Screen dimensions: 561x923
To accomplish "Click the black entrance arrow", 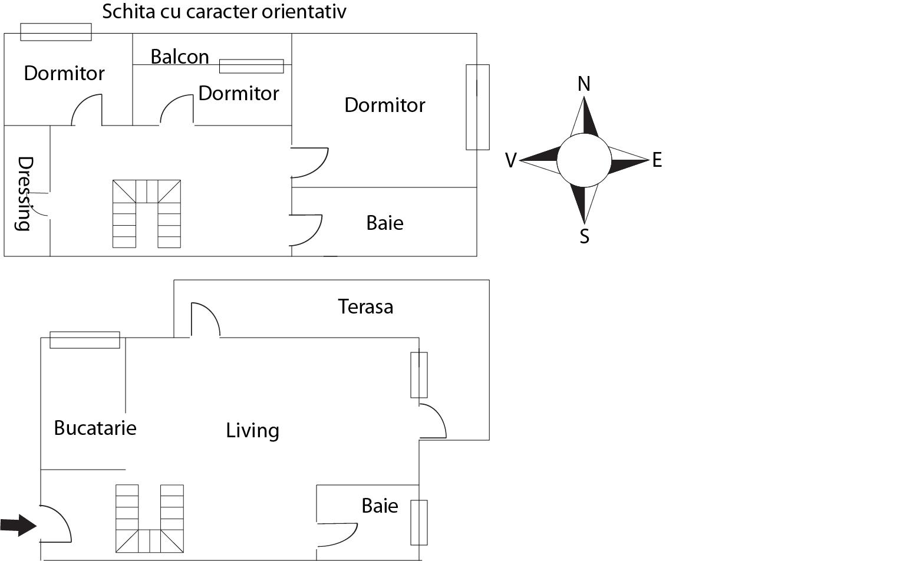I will click(18, 524).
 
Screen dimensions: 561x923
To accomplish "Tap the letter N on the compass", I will click(584, 84).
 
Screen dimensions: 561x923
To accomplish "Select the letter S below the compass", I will click(584, 236).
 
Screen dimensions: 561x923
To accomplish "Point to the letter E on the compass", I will click(657, 160).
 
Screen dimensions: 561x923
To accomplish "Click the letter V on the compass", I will click(511, 160).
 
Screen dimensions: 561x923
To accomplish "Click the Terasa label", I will click(365, 306).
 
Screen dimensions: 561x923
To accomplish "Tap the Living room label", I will click(252, 431).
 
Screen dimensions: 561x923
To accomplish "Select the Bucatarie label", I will click(95, 428).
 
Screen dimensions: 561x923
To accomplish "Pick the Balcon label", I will click(180, 57).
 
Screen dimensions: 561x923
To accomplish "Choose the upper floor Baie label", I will click(385, 223).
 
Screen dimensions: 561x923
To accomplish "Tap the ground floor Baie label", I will click(380, 506).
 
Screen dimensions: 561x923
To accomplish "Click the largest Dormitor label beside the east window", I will click(384, 105).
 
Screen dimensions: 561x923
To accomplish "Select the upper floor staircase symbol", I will click(147, 213).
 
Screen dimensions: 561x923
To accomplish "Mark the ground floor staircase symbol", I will click(149, 519).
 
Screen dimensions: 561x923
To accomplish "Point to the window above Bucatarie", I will click(85, 340).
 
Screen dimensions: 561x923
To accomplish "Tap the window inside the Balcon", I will click(251, 66).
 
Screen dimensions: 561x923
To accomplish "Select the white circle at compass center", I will click(584, 160).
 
